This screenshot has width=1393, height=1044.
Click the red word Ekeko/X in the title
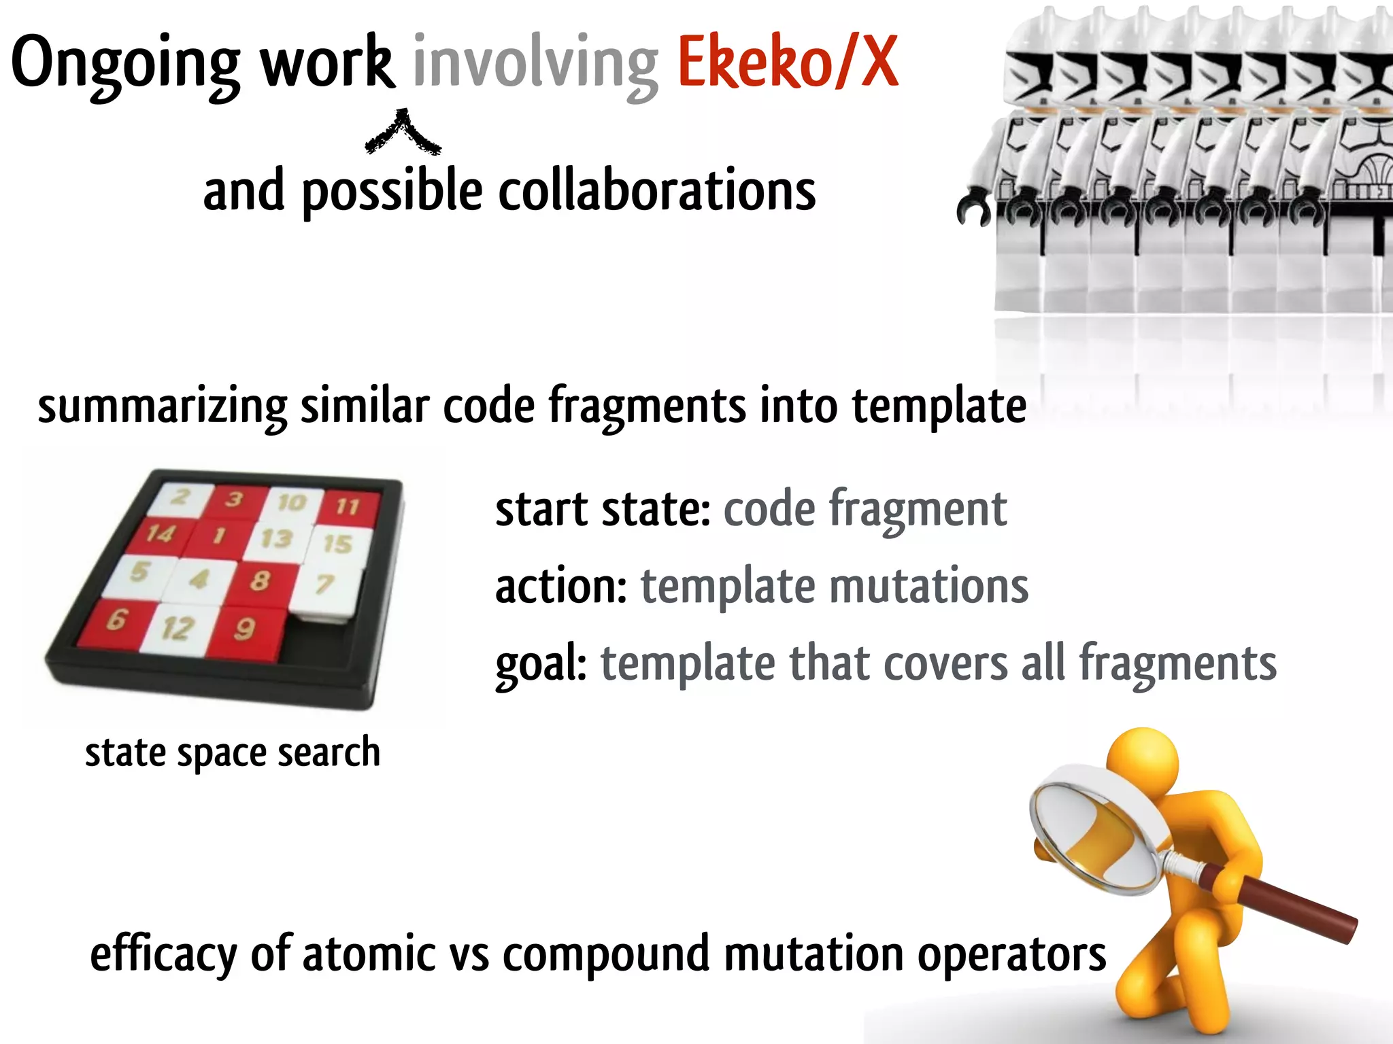click(788, 63)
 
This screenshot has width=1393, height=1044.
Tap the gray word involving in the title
click(535, 65)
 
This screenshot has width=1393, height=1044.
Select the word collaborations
click(656, 191)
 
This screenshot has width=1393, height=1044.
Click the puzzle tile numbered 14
click(161, 534)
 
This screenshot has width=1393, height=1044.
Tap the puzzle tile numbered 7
click(325, 583)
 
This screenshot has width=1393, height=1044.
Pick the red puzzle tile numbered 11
click(347, 506)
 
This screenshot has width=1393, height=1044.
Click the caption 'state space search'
click(233, 752)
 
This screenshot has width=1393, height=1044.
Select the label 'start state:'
click(603, 510)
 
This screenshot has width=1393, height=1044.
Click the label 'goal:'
click(541, 664)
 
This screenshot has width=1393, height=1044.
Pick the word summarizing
click(162, 406)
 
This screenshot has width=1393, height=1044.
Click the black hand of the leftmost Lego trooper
click(973, 209)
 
